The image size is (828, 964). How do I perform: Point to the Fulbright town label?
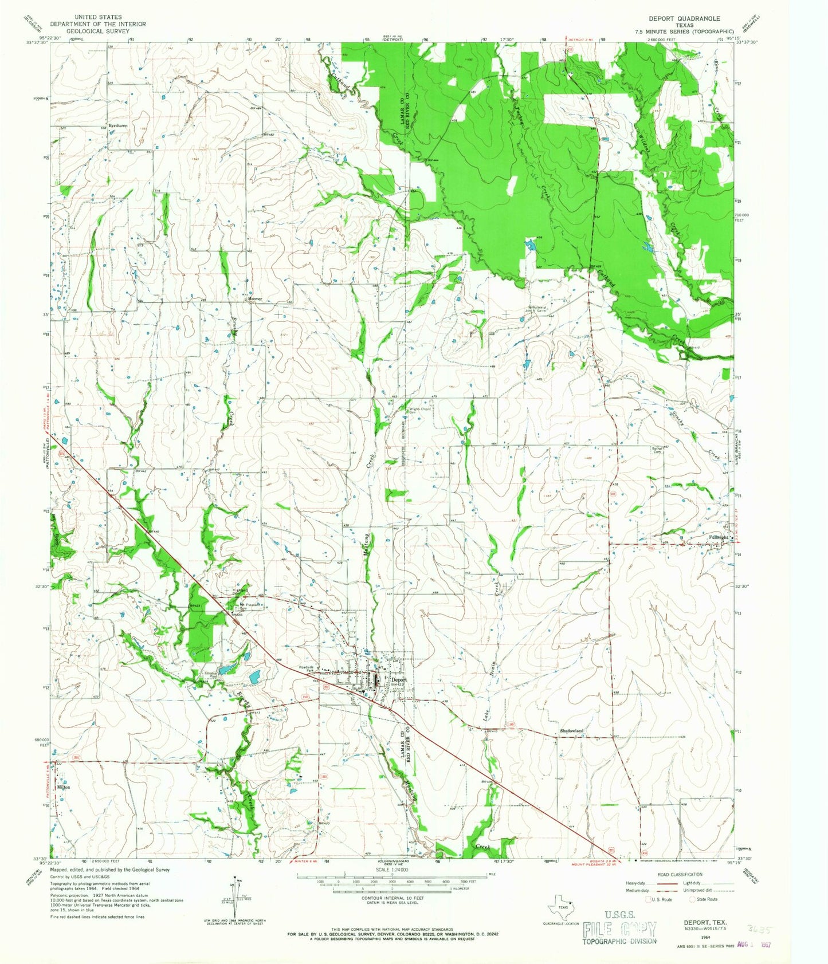719,537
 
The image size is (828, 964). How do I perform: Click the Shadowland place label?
571,731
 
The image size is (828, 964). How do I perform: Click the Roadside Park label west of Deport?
309,668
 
